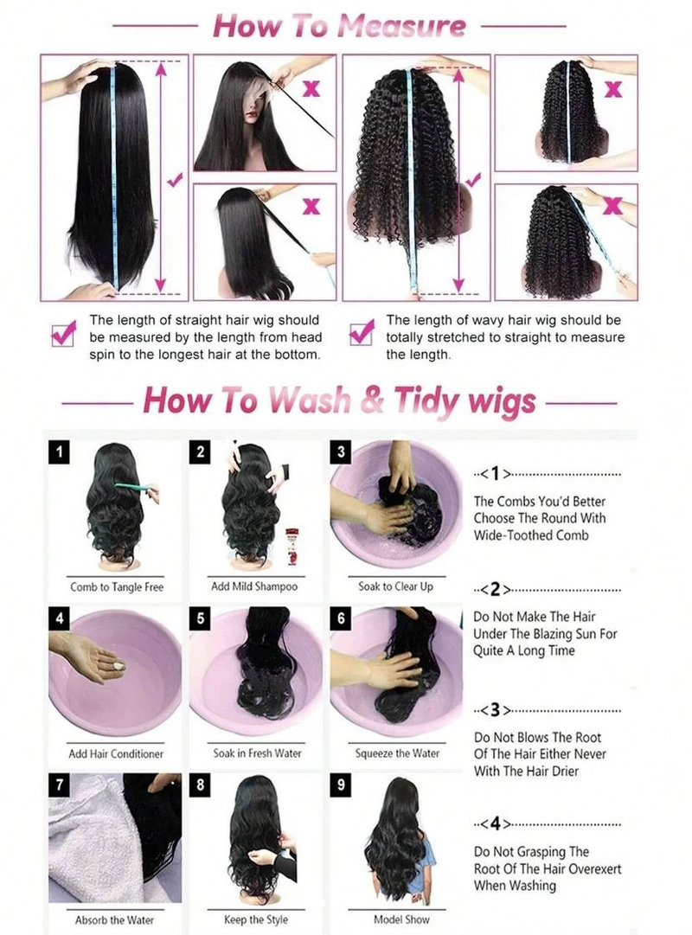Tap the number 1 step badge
tap(59, 451)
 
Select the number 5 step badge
tap(201, 618)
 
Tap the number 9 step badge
tap(341, 785)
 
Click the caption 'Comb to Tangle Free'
tap(117, 587)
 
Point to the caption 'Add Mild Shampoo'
tap(254, 586)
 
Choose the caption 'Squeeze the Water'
tap(397, 753)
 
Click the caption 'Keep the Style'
tap(256, 919)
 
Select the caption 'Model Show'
tap(397, 919)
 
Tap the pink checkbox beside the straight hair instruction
tap(63, 334)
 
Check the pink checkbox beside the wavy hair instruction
tap(361, 333)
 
